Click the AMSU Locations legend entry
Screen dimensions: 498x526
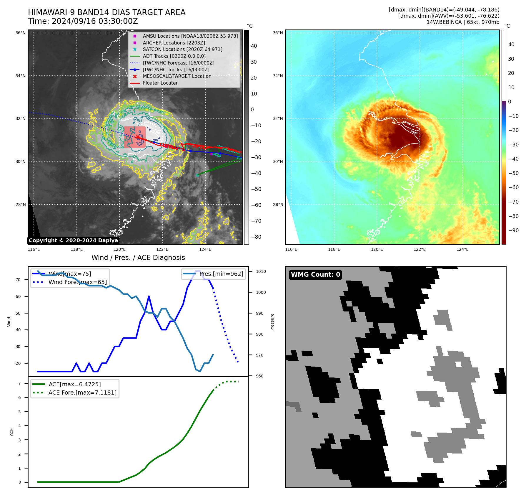[190, 36]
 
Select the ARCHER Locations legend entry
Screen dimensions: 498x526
[174, 43]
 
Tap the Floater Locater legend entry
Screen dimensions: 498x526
[160, 83]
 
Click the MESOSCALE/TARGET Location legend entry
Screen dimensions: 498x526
[177, 76]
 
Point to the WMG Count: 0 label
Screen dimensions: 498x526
[315, 275]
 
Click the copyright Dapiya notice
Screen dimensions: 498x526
[73, 240]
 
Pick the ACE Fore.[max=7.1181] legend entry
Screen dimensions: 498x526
[82, 393]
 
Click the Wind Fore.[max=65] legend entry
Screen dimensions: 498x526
[78, 282]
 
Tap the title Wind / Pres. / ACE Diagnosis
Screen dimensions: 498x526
[138, 258]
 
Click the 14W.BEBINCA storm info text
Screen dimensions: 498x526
[463, 22]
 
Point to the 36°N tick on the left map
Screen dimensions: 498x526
[21, 33]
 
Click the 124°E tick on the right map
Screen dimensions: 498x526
[462, 250]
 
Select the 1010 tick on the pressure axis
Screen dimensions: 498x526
[261, 271]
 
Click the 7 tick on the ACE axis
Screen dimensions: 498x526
[20, 383]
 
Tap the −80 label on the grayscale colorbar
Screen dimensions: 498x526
[256, 237]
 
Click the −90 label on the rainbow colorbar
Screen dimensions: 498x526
[513, 230]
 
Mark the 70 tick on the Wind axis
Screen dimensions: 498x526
[18, 280]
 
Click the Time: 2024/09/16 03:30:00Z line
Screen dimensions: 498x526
[83, 22]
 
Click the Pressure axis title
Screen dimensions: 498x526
[272, 322]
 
